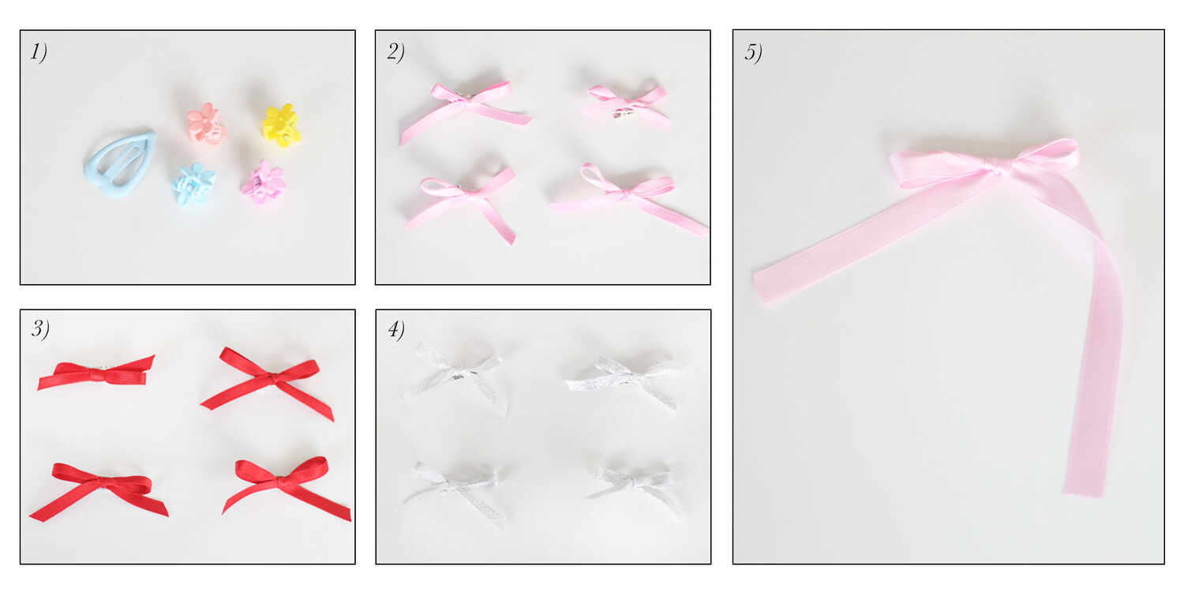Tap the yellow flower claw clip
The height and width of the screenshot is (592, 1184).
[x=282, y=125]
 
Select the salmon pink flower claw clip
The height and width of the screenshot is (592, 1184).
[x=207, y=124]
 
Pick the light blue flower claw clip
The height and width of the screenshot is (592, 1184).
[x=194, y=183]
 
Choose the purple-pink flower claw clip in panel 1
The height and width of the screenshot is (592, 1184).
[x=263, y=182]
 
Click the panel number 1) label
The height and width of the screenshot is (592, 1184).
[x=39, y=52]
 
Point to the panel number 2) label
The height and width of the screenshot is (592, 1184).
[x=396, y=52]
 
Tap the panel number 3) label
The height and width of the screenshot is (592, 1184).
[x=40, y=329]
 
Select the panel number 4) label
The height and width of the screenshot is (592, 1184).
[x=396, y=329]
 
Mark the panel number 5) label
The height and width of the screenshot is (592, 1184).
[x=753, y=52]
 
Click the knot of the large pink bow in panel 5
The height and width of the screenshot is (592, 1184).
[x=998, y=168]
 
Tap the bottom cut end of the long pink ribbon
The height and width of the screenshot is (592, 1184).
[x=1083, y=493]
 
